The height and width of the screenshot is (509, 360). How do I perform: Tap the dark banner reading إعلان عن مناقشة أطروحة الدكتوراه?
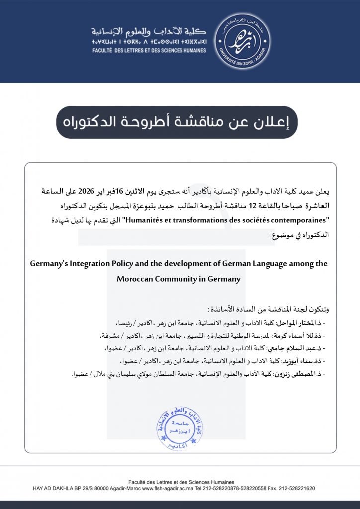click(x=177, y=122)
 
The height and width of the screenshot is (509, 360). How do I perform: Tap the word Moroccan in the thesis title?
click(x=134, y=279)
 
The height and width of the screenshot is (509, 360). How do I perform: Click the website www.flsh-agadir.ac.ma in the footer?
click(x=170, y=489)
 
